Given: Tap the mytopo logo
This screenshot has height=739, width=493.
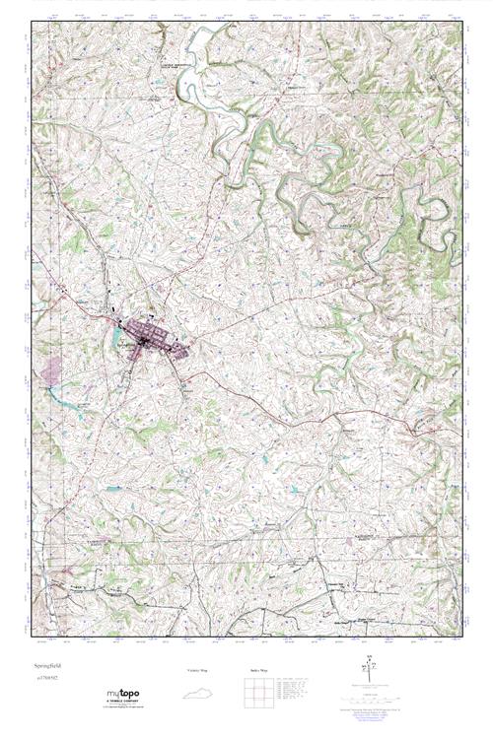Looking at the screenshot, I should pyautogui.click(x=122, y=695).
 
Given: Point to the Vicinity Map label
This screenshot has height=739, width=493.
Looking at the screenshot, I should pyautogui.click(x=199, y=671).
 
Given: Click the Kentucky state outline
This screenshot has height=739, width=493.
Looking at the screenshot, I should pyautogui.click(x=201, y=691).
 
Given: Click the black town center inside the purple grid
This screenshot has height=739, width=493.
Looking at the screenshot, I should pyautogui.click(x=144, y=340).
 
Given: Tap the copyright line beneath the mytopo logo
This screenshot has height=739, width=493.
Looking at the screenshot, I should pyautogui.click(x=122, y=707).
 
